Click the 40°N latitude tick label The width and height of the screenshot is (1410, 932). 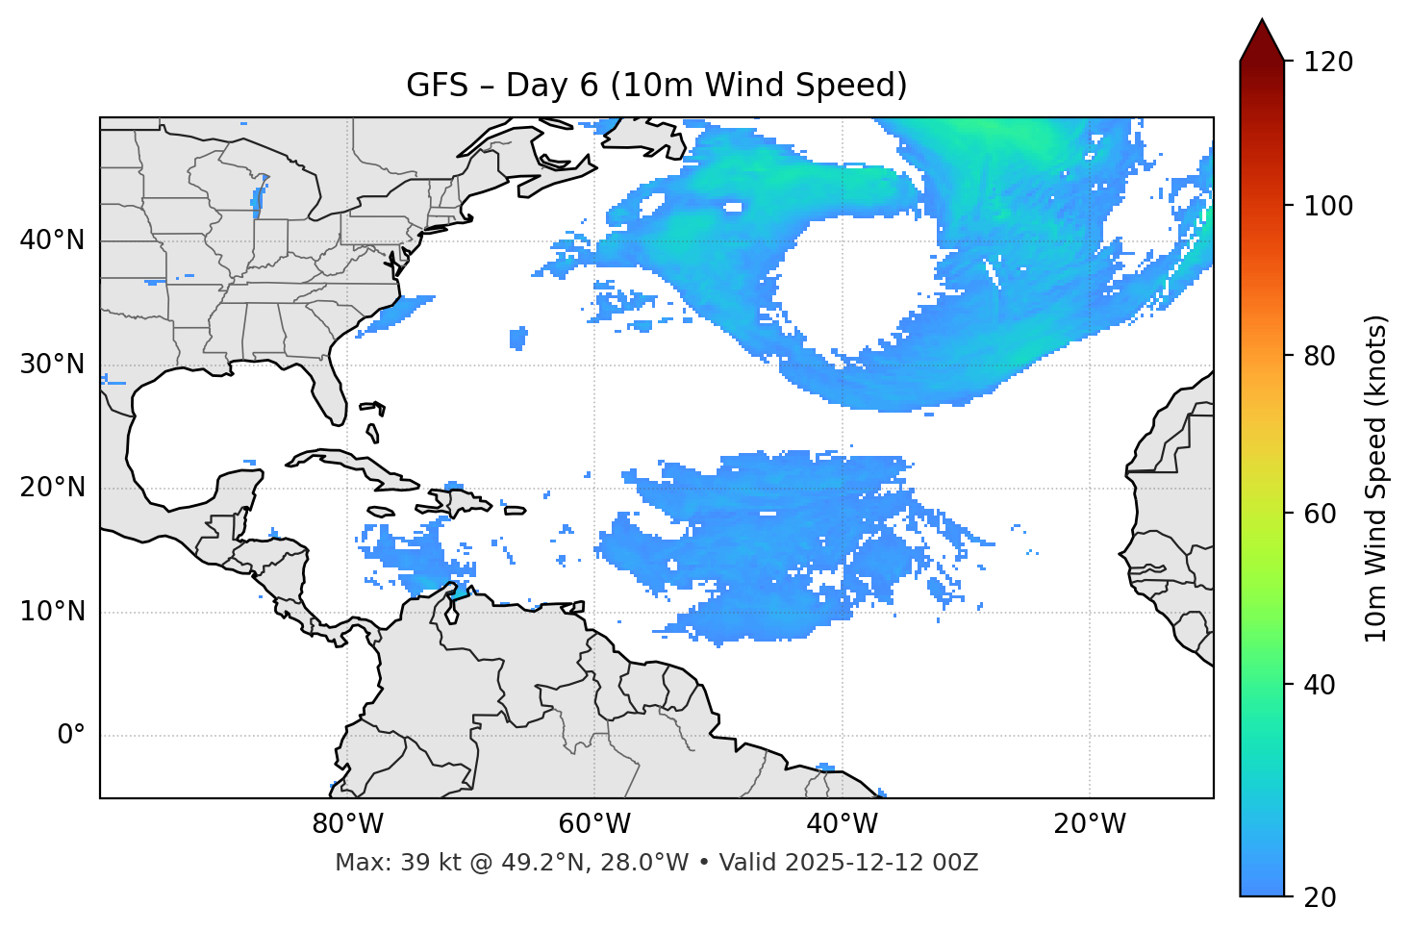[x=52, y=240]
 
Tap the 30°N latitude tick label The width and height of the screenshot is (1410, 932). [x=52, y=365]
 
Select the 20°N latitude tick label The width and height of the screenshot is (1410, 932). [x=52, y=488]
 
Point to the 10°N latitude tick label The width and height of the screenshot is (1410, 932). [x=52, y=612]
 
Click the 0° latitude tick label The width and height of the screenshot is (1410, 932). [x=71, y=736]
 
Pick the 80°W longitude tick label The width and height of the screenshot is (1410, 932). [x=347, y=824]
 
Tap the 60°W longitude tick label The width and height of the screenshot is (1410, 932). [x=594, y=824]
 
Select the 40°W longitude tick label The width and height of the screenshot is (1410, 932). [x=842, y=824]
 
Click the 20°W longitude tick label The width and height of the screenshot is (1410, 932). [x=1089, y=824]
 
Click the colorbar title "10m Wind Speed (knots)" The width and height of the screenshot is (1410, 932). [x=1376, y=478]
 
